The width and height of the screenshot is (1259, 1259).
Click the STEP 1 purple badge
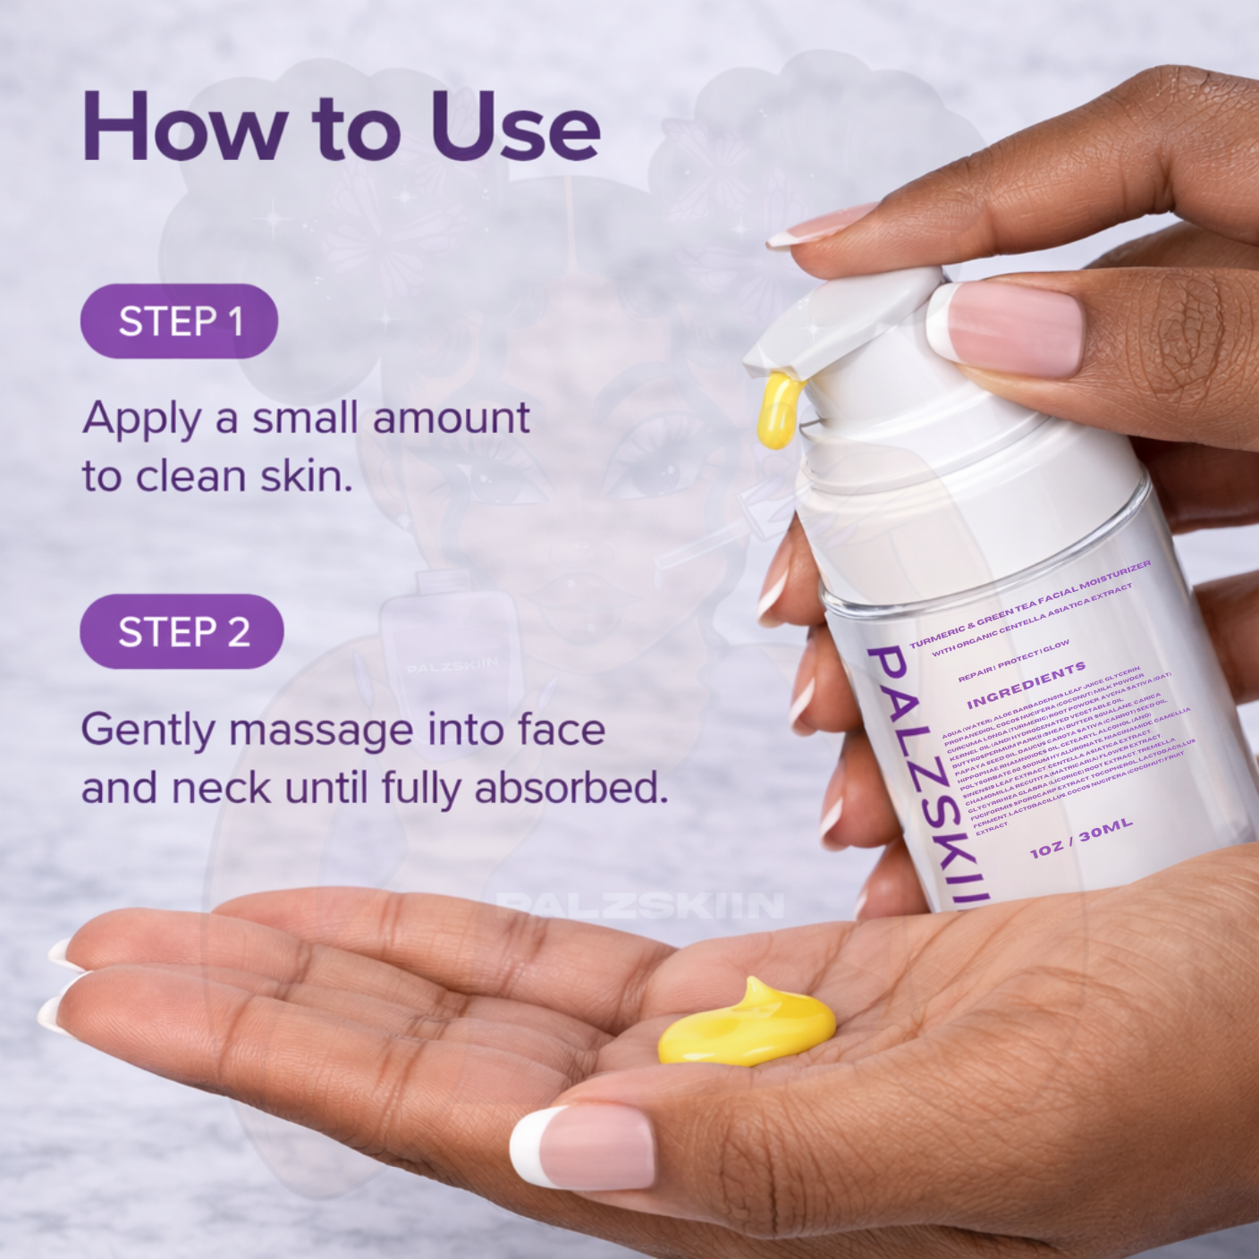[179, 321]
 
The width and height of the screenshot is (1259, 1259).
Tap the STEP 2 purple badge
[182, 631]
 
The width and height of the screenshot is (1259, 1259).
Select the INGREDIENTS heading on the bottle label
[1026, 684]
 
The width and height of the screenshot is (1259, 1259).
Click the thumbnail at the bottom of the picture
[582, 1144]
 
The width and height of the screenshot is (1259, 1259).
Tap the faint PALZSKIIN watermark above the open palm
[639, 905]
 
